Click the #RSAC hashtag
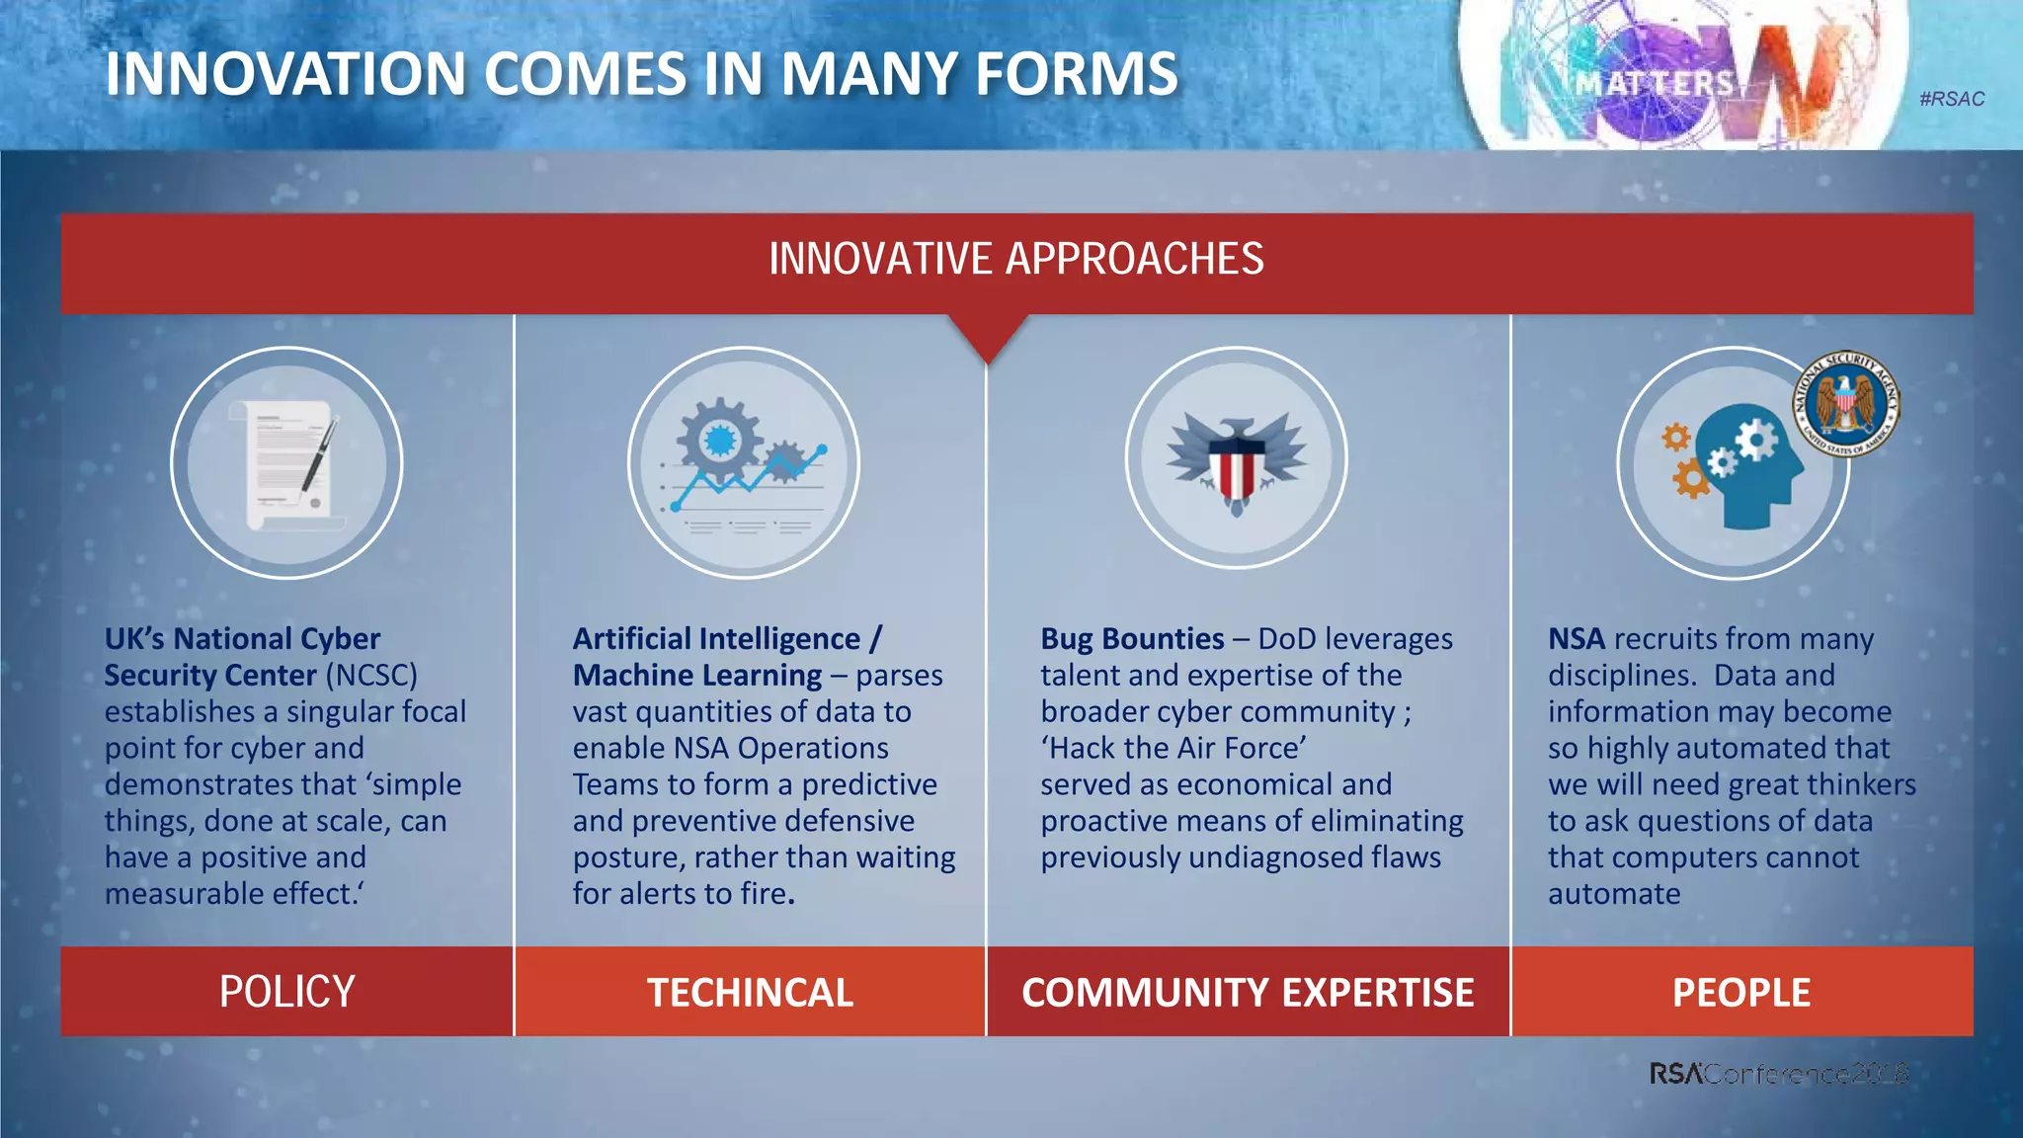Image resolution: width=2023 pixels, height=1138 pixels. coord(1951,99)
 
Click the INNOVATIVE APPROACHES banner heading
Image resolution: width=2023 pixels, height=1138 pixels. coord(1015,259)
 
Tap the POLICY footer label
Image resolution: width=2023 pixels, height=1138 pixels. coord(286,992)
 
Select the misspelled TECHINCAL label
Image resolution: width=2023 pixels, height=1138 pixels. coord(750,993)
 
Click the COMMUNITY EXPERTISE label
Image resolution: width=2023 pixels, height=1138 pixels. coord(1248,993)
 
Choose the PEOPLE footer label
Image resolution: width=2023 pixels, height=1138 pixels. coord(1740,993)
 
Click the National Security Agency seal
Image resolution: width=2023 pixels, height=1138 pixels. coord(1845,403)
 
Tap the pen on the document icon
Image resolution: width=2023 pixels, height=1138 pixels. coord(319,454)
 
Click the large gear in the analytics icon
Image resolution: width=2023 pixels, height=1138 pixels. coord(719,438)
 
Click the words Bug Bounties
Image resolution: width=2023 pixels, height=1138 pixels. coord(1132,639)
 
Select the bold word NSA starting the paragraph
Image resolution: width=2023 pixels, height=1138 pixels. coord(1576,639)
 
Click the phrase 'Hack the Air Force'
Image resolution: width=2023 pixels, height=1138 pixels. coord(1173,749)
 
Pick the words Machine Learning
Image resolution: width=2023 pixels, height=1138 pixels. coord(696,676)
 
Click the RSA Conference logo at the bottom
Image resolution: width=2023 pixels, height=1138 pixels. coord(1777,1074)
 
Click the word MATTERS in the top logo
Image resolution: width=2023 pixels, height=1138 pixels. coord(1655,84)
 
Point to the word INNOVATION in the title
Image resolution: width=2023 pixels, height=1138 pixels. coord(285,74)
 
